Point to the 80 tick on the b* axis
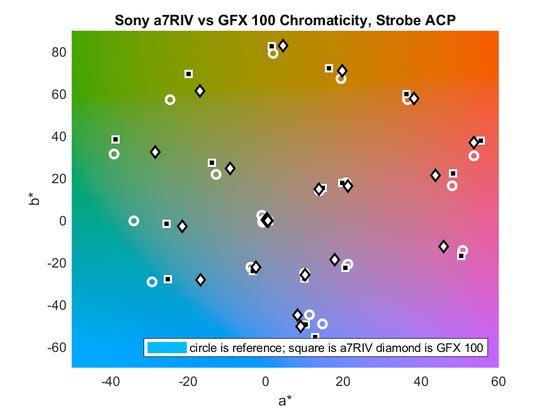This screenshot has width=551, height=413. pyautogui.click(x=59, y=52)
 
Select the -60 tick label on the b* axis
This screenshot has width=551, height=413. pyautogui.click(x=57, y=348)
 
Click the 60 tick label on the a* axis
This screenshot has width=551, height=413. pyautogui.click(x=498, y=382)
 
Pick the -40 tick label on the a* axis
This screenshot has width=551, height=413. pyautogui.click(x=110, y=382)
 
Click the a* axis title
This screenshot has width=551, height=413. pyautogui.click(x=285, y=400)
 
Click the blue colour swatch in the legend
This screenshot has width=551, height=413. pyautogui.click(x=167, y=348)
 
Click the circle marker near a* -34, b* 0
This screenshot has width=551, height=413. pyautogui.click(x=133, y=221)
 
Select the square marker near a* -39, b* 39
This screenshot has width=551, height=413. pyautogui.click(x=115, y=139)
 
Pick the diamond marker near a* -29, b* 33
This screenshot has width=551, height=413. pyautogui.click(x=155, y=152)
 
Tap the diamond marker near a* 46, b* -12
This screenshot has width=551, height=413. pyautogui.click(x=443, y=247)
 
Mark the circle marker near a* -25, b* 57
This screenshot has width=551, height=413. pyautogui.click(x=170, y=99)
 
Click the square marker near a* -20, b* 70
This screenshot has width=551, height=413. pyautogui.click(x=188, y=74)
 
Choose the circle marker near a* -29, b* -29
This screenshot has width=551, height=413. pyautogui.click(x=152, y=281)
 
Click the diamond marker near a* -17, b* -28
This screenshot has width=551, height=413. pyautogui.click(x=200, y=280)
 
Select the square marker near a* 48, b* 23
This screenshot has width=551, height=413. pyautogui.click(x=453, y=174)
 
